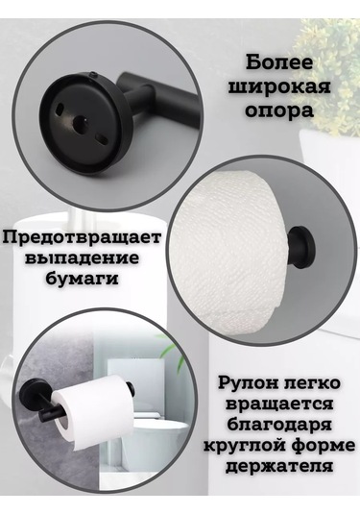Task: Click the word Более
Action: pos(279,62)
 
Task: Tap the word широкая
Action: pos(279,87)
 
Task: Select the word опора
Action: pos(279,111)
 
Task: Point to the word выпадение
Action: pos(82,258)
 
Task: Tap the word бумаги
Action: pos(82,279)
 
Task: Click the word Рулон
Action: pos(247,384)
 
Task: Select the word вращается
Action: pos(279,404)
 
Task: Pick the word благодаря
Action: pos(279,426)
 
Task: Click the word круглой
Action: pos(243,447)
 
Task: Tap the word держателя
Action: pos(279,467)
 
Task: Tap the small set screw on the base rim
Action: pos(94,75)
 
